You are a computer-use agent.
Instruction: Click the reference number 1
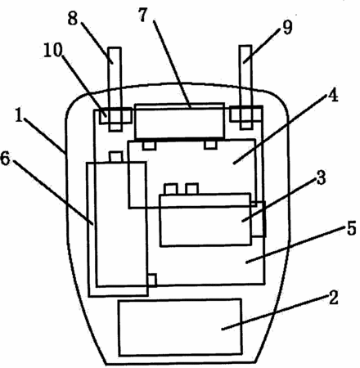19,115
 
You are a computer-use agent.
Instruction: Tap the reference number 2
334,298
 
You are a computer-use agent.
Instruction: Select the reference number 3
321,177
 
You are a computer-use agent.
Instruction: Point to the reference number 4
333,95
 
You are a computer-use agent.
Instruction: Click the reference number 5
352,227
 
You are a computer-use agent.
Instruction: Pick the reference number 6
5,158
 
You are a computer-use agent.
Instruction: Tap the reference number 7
144,15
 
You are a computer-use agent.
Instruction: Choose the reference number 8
73,19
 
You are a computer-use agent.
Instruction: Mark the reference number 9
287,27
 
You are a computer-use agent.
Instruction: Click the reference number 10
52,50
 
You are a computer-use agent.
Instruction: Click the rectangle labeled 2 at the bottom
180,327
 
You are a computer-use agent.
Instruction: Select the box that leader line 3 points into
205,220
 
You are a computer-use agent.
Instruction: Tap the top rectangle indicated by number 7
180,121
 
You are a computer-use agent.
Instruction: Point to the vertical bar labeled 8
115,89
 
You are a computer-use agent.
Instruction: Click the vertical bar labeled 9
246,88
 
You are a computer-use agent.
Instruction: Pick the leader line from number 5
295,246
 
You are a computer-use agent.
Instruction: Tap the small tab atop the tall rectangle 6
116,157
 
